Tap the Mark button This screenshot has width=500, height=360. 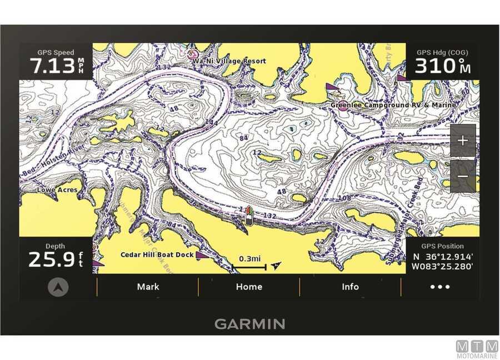tap(148, 287)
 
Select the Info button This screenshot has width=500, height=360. tap(350, 287)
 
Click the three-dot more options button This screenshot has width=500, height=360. tap(440, 287)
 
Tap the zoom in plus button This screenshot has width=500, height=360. tap(462, 140)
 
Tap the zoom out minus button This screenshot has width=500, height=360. tap(462, 176)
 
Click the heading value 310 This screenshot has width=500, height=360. tap(436, 66)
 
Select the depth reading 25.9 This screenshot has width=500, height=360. tap(51, 259)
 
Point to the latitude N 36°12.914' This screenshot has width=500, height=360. tap(443, 257)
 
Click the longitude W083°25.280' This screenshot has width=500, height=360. tap(442, 267)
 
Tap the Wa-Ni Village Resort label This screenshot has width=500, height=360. tap(229, 61)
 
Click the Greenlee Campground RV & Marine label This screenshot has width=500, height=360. tap(393, 104)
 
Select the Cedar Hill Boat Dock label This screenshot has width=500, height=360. tap(157, 254)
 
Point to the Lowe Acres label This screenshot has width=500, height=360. tap(57, 190)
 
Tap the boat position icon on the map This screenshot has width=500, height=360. tap(249, 215)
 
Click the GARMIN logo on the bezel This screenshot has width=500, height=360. tap(249, 324)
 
